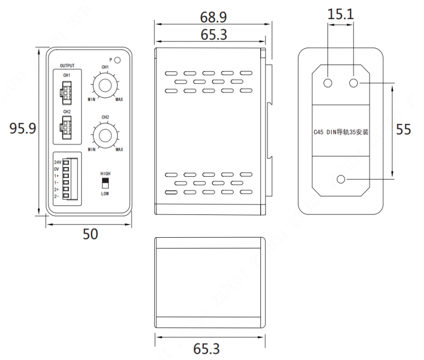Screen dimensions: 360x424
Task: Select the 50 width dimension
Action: pyautogui.click(x=91, y=234)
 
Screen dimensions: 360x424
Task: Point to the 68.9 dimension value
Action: pyautogui.click(x=214, y=16)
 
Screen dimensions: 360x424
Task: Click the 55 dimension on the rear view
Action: pyautogui.click(x=404, y=130)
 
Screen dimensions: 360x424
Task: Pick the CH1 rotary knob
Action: pyautogui.click(x=104, y=85)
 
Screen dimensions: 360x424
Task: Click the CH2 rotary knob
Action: pyautogui.click(x=104, y=134)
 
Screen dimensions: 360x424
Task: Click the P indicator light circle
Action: pyautogui.click(x=118, y=60)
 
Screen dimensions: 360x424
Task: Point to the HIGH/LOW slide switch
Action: pyautogui.click(x=105, y=183)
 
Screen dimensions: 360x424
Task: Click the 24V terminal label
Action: pyautogui.click(x=57, y=162)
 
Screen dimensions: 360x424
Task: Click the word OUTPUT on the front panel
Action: pyautogui.click(x=67, y=66)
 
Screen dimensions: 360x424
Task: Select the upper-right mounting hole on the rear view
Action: pyautogui.click(x=354, y=83)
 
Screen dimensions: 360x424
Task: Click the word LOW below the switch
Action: pyautogui.click(x=105, y=194)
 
